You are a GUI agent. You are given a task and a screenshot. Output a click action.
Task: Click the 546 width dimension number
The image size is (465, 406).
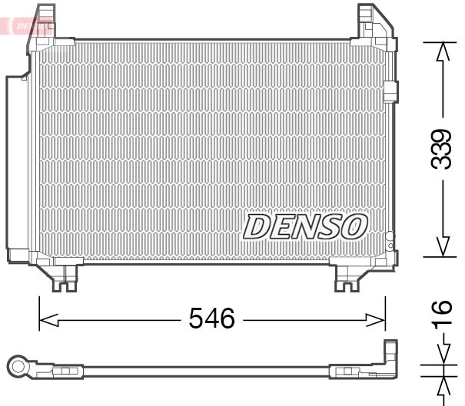point(211,318)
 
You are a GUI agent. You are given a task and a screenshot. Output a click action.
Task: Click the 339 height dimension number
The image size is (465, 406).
point(442,149)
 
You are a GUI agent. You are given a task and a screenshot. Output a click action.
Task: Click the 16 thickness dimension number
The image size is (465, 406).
point(442,315)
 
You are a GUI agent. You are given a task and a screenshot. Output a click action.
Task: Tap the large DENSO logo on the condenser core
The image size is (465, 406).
point(305,226)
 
